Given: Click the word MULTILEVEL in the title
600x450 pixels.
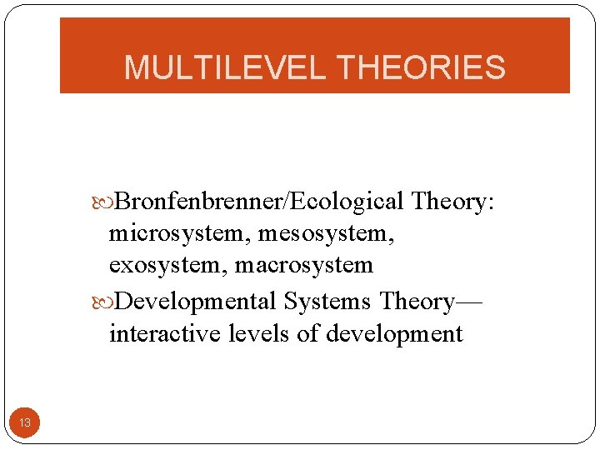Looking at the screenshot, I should click(222, 67).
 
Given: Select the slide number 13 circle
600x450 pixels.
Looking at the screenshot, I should click(25, 423).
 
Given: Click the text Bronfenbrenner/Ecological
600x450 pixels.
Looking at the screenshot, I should click(259, 202).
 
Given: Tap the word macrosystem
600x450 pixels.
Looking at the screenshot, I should click(304, 266).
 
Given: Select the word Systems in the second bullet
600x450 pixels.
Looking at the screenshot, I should click(327, 300).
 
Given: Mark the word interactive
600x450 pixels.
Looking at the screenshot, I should click(156, 333).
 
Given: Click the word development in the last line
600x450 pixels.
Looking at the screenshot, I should click(394, 334).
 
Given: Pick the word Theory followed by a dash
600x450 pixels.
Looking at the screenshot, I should click(417, 300).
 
